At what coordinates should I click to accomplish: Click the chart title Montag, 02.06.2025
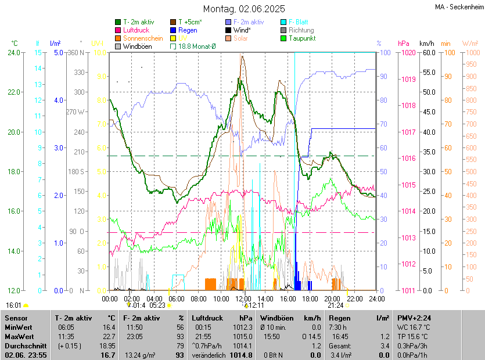pos(244,9)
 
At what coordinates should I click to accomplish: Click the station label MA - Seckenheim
pos(458,6)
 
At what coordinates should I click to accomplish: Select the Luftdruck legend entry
pos(136,30)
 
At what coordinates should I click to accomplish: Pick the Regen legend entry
pos(188,30)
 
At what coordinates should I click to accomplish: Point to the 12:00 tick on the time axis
pos(243,298)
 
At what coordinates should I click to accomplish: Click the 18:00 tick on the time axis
pos(310,298)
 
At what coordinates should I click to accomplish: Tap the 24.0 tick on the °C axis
pos(13,52)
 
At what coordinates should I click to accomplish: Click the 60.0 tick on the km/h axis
pos(428,52)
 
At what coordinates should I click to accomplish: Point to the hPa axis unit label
pos(403,43)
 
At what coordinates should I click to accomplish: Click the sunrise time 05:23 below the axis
pos(157,305)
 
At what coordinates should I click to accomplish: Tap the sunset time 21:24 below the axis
pos(335,305)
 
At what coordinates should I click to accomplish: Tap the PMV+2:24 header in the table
pos(414,318)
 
